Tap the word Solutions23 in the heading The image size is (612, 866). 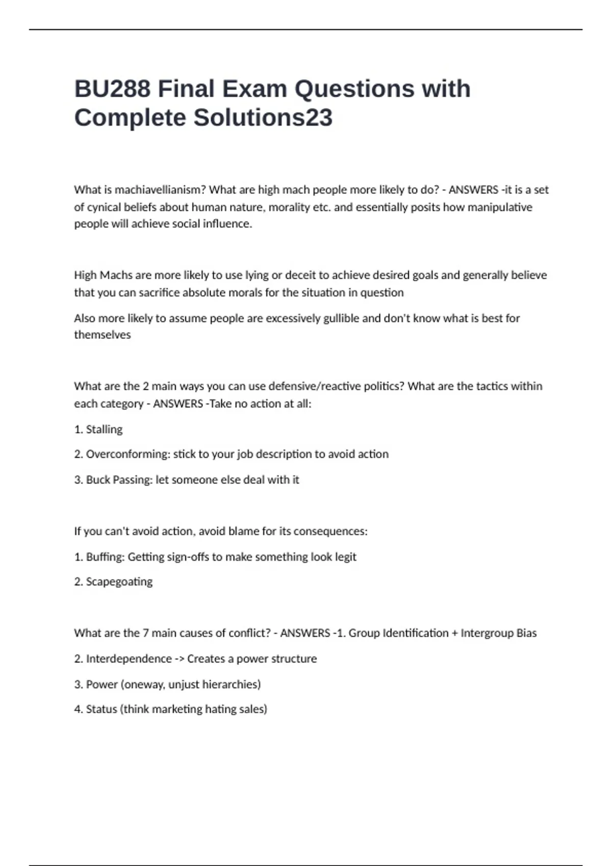tap(263, 118)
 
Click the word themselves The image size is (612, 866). tap(103, 335)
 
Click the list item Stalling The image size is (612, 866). tap(104, 429)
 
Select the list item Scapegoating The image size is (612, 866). tap(119, 582)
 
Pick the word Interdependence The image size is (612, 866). tap(129, 659)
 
